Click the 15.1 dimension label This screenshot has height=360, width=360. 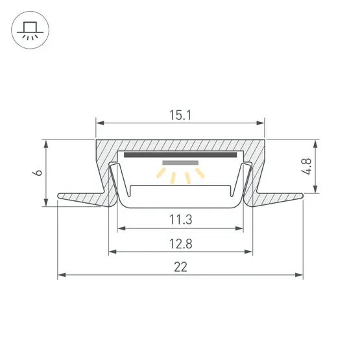(180, 115)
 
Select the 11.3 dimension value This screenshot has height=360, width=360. (181, 219)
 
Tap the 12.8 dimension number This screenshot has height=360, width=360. (181, 244)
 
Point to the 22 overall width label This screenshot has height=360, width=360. (180, 267)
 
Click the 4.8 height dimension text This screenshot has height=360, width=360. (307, 166)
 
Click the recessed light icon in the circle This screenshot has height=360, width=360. (30, 30)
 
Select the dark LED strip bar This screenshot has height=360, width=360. (180, 155)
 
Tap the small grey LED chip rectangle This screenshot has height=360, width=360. (180, 163)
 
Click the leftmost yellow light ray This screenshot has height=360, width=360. (161, 173)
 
